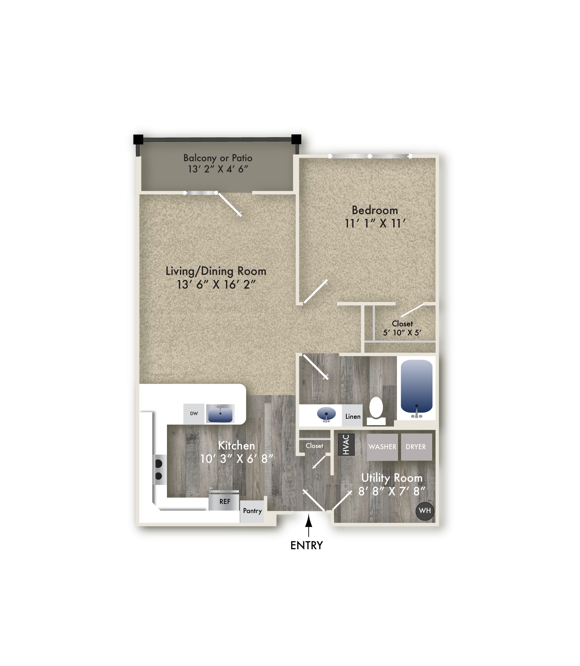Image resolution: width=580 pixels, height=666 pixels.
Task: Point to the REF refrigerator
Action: coord(225,501)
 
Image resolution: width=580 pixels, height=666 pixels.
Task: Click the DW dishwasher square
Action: coord(193,414)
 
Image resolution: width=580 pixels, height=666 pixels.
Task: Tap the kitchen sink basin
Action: coord(220,414)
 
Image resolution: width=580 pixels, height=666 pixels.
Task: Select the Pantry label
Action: coord(252,511)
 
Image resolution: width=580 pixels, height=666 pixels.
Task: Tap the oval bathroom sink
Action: coord(326,414)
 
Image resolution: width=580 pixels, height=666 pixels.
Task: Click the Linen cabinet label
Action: coord(353,417)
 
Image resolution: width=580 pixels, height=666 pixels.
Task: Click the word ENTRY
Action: coord(307,546)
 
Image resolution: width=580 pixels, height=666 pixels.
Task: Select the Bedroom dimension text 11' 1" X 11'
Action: coord(375,224)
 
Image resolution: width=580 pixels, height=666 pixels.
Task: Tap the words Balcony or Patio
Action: coord(217,158)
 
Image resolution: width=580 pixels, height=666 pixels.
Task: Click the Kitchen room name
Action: coord(236,446)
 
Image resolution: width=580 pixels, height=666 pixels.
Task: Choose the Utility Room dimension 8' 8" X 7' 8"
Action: coord(391,491)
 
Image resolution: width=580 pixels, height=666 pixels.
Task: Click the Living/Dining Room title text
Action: coord(216,271)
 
